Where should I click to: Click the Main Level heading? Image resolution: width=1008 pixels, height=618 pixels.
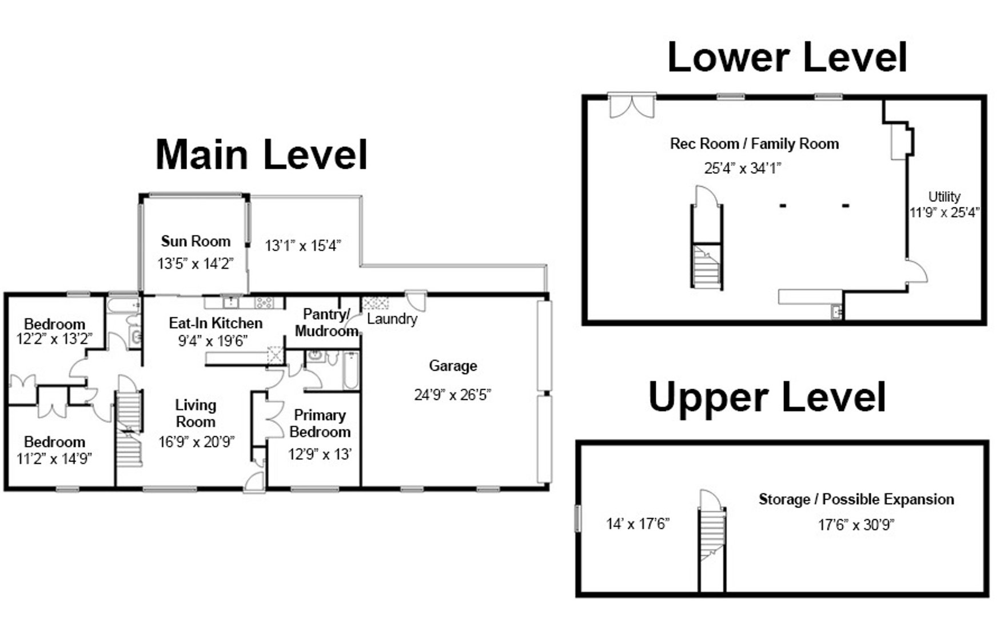tap(261, 154)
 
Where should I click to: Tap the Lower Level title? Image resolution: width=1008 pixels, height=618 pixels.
tap(787, 57)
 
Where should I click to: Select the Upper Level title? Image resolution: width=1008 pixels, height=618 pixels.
tap(767, 397)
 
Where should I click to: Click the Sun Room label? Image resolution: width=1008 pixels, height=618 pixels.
tap(196, 241)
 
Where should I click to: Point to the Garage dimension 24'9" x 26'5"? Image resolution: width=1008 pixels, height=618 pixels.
tap(452, 395)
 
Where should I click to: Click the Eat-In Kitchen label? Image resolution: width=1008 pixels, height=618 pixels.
tap(216, 323)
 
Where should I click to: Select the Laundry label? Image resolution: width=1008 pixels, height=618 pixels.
tap(392, 319)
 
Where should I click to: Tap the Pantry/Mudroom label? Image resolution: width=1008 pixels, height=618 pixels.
tap(325, 322)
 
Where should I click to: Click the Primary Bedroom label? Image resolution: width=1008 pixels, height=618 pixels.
tap(320, 423)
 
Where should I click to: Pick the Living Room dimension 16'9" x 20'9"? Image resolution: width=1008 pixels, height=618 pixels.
tap(196, 442)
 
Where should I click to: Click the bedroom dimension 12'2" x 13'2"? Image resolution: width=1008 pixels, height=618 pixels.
tap(54, 339)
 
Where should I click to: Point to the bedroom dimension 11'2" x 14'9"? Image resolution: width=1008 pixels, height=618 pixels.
tap(54, 458)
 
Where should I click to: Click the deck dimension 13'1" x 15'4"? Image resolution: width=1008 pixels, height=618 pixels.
tap(302, 245)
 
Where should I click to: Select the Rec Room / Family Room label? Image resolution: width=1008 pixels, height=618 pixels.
tap(754, 144)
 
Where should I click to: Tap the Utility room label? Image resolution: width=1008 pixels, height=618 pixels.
tap(944, 196)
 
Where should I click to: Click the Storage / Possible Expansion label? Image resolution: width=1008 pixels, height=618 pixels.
tap(856, 499)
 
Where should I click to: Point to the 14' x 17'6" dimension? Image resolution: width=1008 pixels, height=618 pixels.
tap(638, 524)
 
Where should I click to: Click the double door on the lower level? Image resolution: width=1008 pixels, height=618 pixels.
tap(631, 106)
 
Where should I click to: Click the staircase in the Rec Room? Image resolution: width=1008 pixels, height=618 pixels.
tap(707, 265)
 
